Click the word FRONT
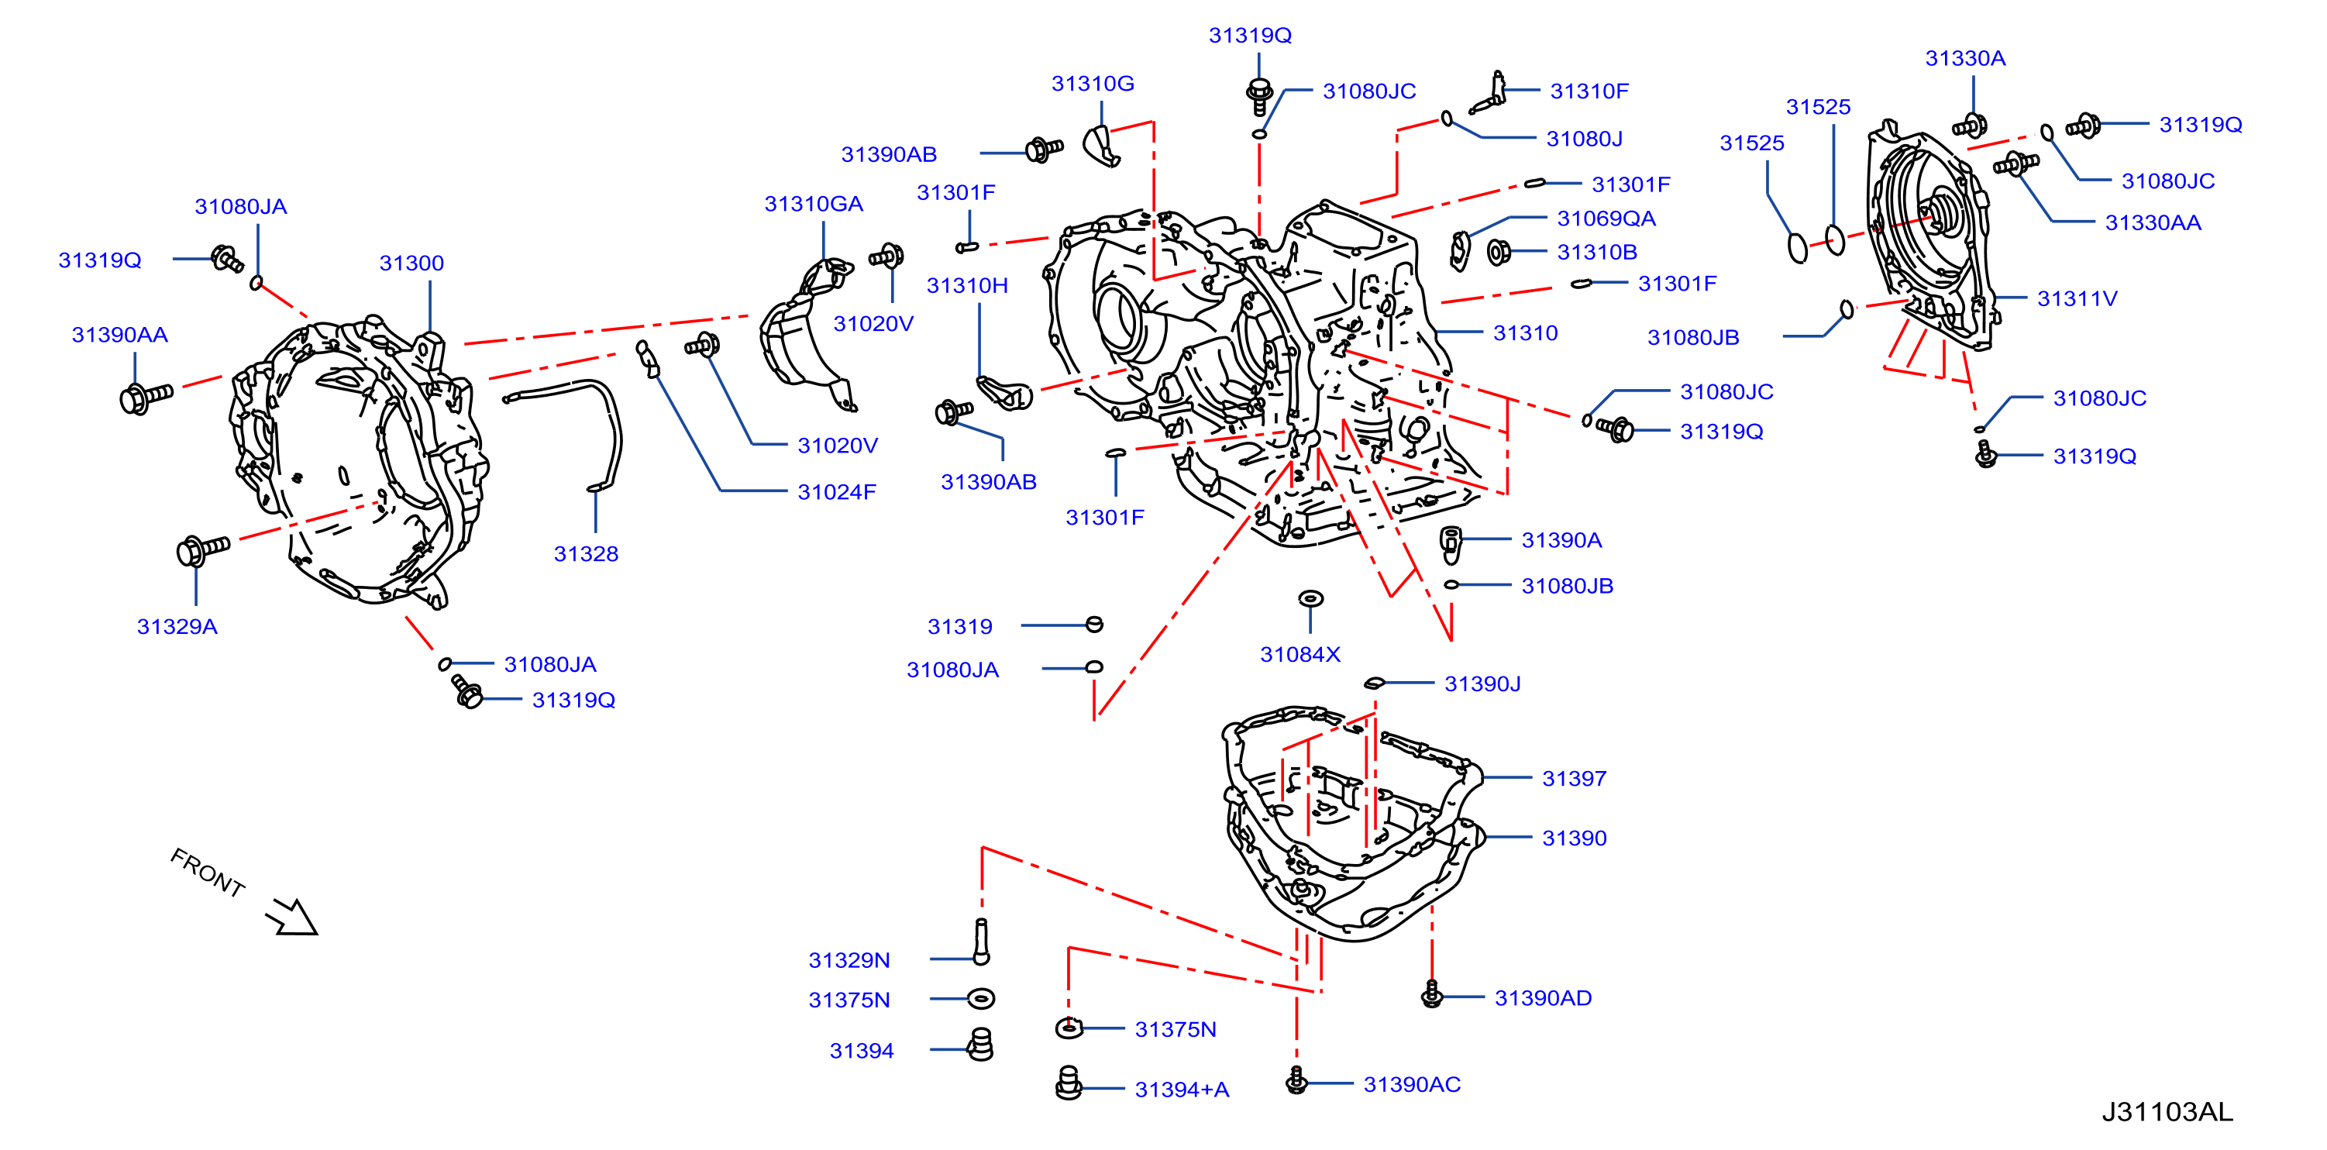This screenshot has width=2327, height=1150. click(208, 873)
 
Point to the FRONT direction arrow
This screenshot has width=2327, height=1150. click(291, 916)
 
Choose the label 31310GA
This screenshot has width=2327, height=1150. click(813, 203)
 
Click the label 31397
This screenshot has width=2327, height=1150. click(1574, 778)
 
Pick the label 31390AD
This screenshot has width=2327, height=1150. click(1543, 997)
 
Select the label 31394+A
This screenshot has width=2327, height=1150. click(1182, 1090)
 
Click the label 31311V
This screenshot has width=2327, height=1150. click(2077, 298)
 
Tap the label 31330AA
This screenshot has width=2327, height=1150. click(2153, 222)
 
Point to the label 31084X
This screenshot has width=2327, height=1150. click(1300, 654)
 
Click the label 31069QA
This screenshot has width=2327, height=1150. click(1606, 218)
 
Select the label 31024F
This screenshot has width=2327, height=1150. click(836, 491)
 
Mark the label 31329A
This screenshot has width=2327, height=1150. click(177, 626)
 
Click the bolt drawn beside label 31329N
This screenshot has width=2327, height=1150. click(981, 942)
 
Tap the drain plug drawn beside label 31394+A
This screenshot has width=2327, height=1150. click(1069, 1083)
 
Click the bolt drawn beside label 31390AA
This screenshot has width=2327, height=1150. click(146, 397)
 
